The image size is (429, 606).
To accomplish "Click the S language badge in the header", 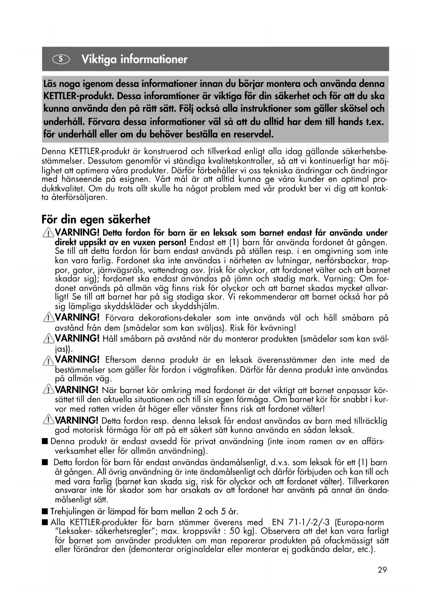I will coord(61,59).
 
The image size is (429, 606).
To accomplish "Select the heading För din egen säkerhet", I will coord(96,219).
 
